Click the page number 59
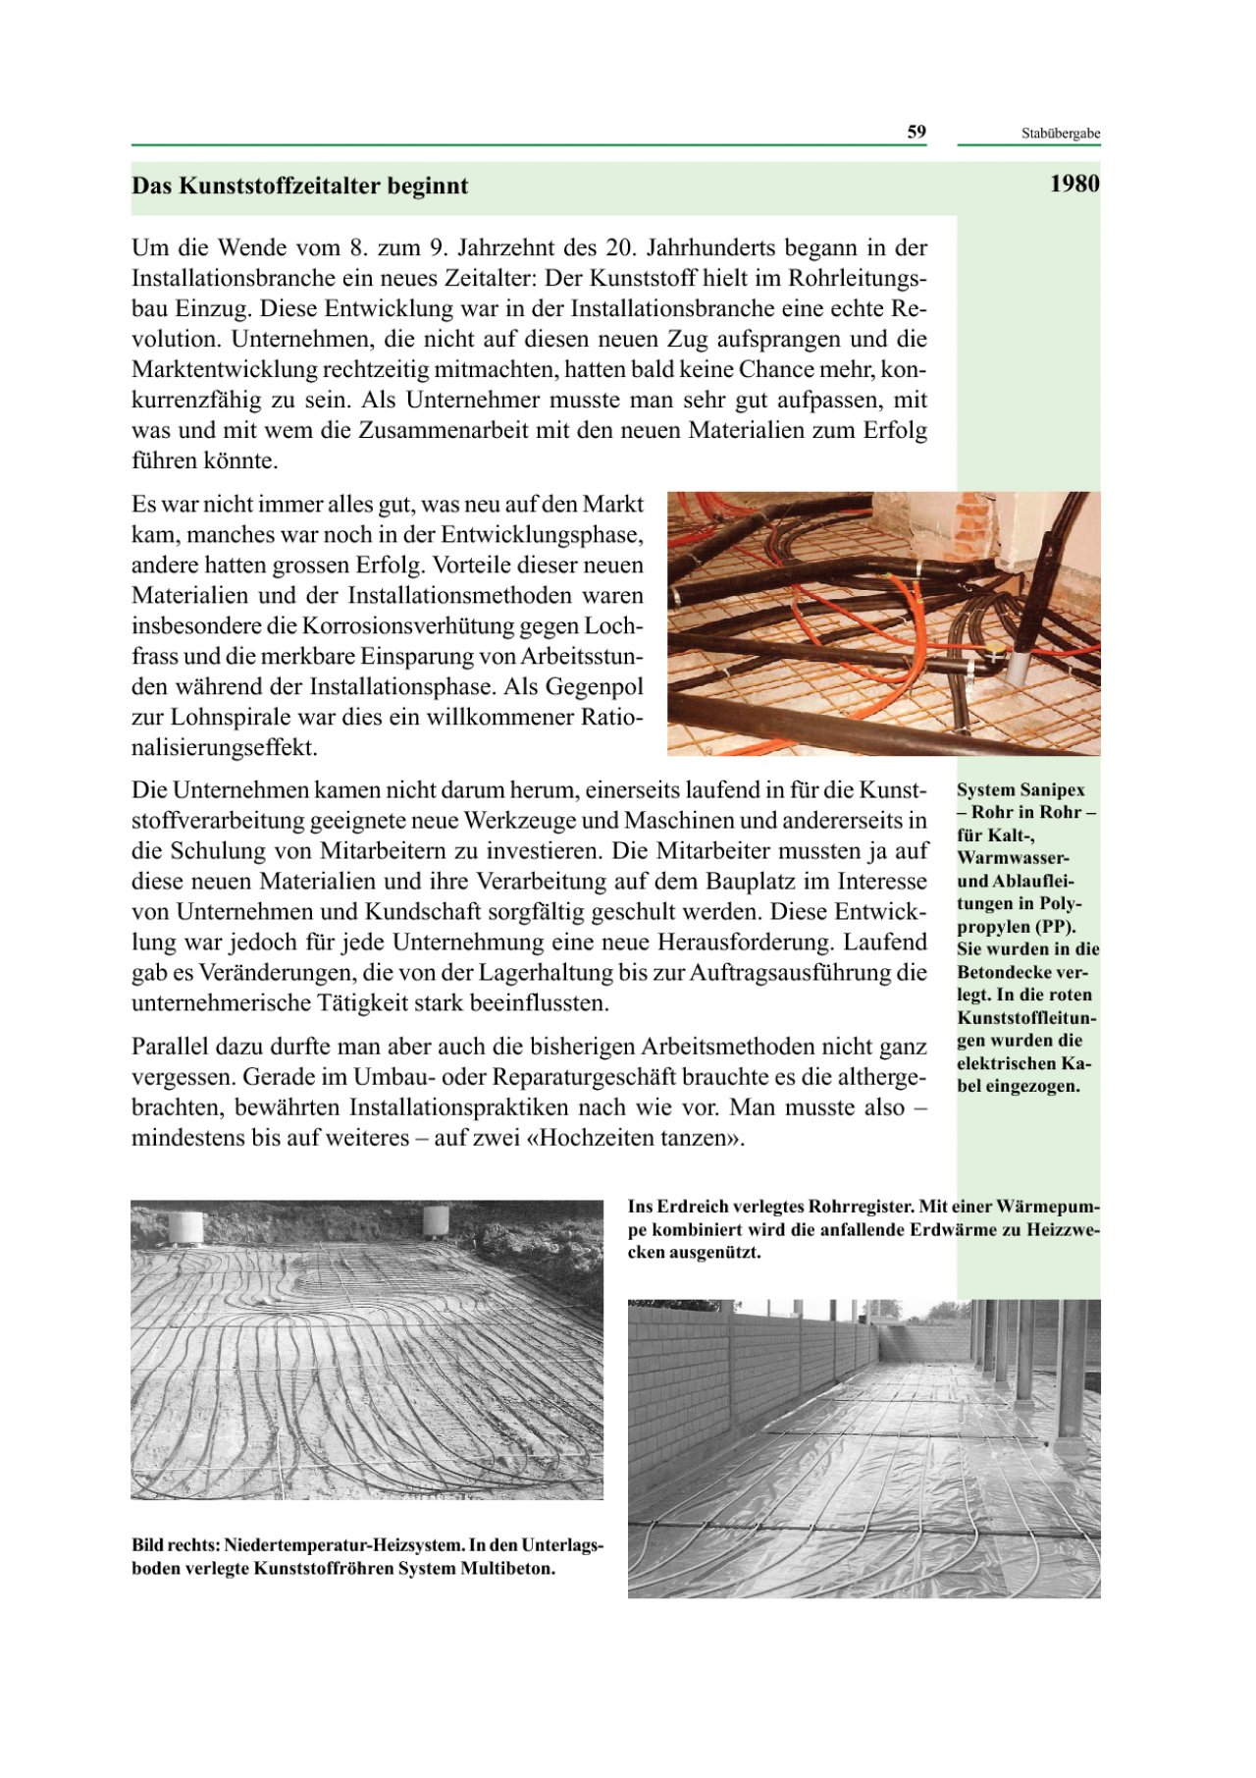click(916, 133)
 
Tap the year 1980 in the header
click(1073, 185)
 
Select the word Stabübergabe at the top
click(1060, 134)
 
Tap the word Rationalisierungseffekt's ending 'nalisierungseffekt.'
click(225, 748)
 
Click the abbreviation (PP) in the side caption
click(1055, 927)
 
